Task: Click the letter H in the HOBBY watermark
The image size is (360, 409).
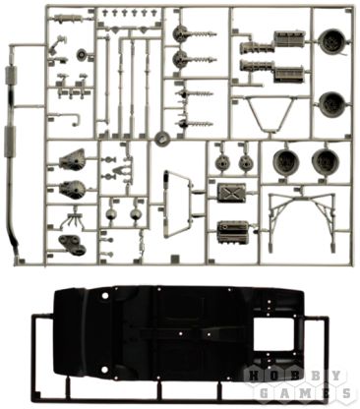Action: coord(254,376)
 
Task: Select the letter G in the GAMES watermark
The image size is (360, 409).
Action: coord(264,392)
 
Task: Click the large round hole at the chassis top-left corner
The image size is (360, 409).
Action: coord(105,295)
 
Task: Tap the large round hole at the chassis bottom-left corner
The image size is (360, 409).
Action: coord(104,370)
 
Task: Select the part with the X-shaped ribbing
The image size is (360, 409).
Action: coord(231,193)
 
